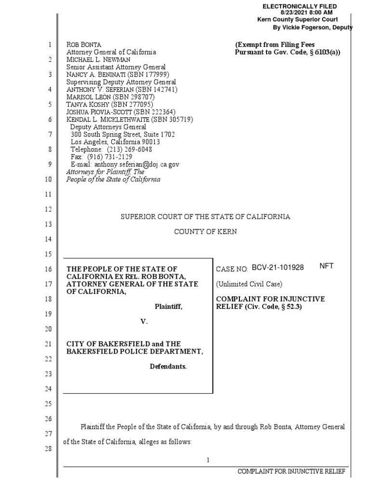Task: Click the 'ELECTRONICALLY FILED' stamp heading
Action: pos(299,6)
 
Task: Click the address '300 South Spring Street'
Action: pos(104,135)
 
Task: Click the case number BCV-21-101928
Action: pos(277,268)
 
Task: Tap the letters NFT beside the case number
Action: pos(326,266)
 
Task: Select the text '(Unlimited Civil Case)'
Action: pos(249,284)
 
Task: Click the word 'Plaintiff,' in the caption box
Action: pos(169,306)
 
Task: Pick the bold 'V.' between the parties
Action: pos(143,321)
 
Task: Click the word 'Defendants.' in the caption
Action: pos(168,366)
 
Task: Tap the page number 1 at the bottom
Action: pos(208,460)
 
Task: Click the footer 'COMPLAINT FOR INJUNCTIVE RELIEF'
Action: pos(291,471)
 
